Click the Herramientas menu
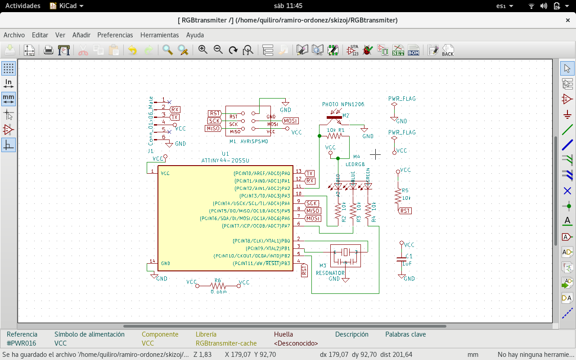pos(159,35)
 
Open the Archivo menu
pos(14,35)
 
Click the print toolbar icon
pos(49,50)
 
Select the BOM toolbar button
pos(414,50)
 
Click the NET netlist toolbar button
pos(398,50)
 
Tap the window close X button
pos(568,20)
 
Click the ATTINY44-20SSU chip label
pos(225,160)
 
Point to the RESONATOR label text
pos(330,273)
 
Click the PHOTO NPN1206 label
pos(343,104)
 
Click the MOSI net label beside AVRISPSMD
pos(290,121)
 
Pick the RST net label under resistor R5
pos(405,211)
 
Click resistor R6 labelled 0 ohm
pos(218,285)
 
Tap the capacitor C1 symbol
pos(401,259)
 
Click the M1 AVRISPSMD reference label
pos(248,141)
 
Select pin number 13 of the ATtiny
pos(298,171)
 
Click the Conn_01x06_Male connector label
pos(151,121)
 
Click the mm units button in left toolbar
pos(9,98)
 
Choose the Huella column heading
pos(283,334)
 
